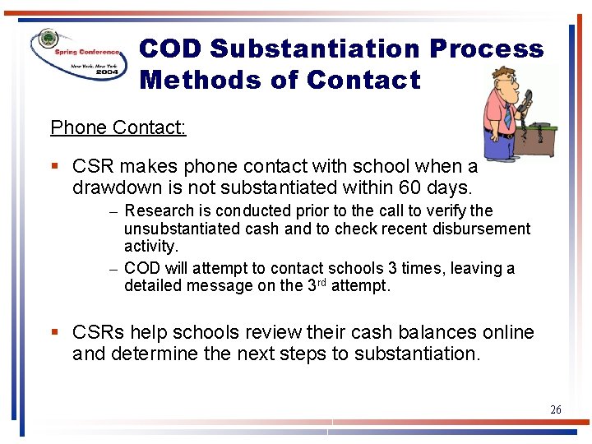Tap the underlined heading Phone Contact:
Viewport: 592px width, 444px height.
(118, 127)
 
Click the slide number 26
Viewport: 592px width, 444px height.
(555, 409)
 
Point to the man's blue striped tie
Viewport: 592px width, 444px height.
(507, 116)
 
